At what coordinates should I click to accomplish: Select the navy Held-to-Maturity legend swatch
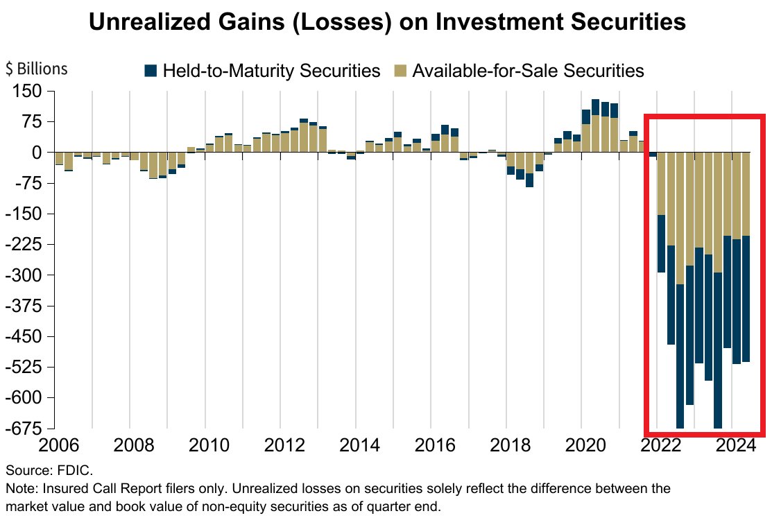click(151, 71)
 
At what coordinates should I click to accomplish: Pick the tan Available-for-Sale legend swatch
click(400, 71)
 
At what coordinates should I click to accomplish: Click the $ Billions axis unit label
click(37, 69)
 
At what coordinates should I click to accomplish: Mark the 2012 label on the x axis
click(280, 444)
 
